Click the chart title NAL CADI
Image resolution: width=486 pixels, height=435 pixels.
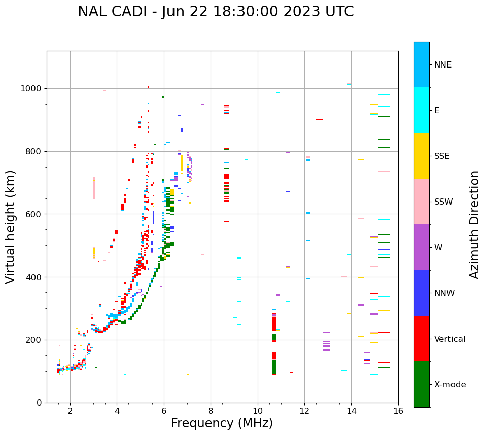(216, 12)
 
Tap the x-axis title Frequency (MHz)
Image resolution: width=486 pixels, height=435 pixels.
(222, 423)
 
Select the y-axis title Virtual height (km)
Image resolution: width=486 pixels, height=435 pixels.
(11, 227)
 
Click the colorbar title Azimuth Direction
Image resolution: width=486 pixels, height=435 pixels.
(474, 224)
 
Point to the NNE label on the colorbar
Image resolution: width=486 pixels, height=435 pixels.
(442, 65)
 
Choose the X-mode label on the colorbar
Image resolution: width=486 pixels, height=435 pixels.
(449, 385)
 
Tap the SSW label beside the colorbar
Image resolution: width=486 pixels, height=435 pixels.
(443, 202)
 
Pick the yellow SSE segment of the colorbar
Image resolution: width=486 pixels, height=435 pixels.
(422, 156)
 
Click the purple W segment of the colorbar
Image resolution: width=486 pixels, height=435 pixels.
(422, 247)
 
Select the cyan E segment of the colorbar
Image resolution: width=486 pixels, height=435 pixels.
(422, 110)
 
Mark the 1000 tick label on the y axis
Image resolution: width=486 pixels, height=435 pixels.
(32, 89)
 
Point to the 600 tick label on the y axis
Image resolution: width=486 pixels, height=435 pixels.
(34, 214)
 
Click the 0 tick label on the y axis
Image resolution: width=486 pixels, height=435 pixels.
(40, 403)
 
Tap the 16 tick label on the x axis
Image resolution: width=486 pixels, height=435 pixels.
(398, 411)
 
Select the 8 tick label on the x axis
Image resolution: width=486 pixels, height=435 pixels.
(211, 411)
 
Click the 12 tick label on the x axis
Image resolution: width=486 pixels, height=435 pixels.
(304, 411)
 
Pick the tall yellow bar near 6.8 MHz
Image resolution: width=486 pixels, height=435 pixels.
(182, 162)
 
